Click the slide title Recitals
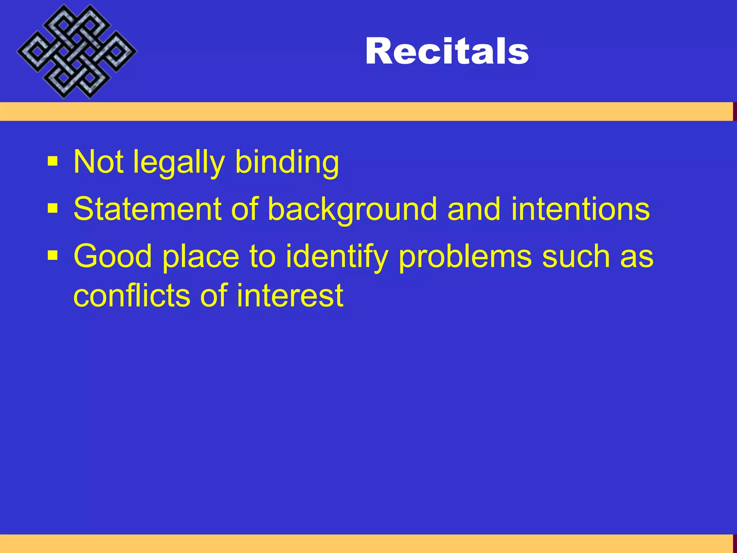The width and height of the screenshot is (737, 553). (x=447, y=51)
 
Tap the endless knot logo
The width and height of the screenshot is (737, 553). (x=77, y=51)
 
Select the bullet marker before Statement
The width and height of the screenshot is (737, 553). (x=53, y=208)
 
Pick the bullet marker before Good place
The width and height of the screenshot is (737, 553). (x=53, y=256)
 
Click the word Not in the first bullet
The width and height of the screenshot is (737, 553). (x=98, y=162)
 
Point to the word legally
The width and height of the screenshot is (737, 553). (x=179, y=163)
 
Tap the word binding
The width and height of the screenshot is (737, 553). (x=287, y=163)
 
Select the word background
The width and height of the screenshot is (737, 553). (x=352, y=210)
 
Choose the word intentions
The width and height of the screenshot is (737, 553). (x=580, y=209)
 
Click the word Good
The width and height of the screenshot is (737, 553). (x=113, y=256)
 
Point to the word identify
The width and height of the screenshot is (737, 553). (x=337, y=257)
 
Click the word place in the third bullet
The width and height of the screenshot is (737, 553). (x=201, y=257)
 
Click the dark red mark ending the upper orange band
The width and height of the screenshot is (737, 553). (x=735, y=112)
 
